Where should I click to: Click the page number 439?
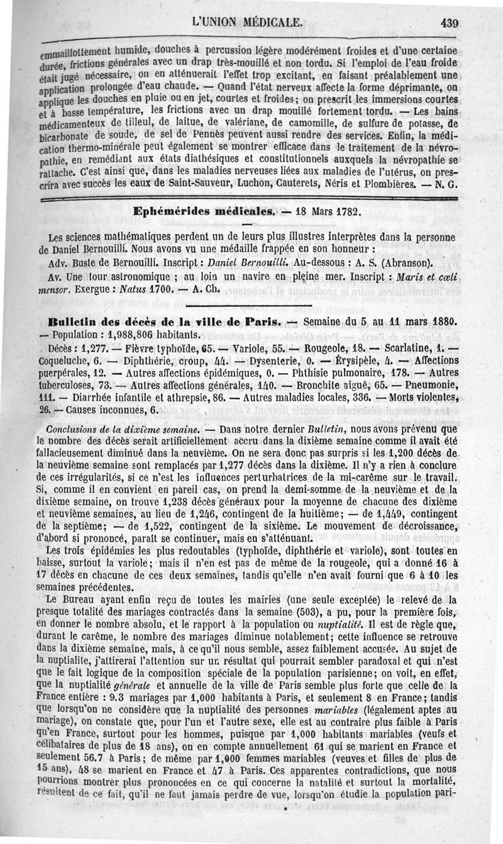coord(450,24)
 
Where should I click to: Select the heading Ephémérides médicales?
coord(204,212)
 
